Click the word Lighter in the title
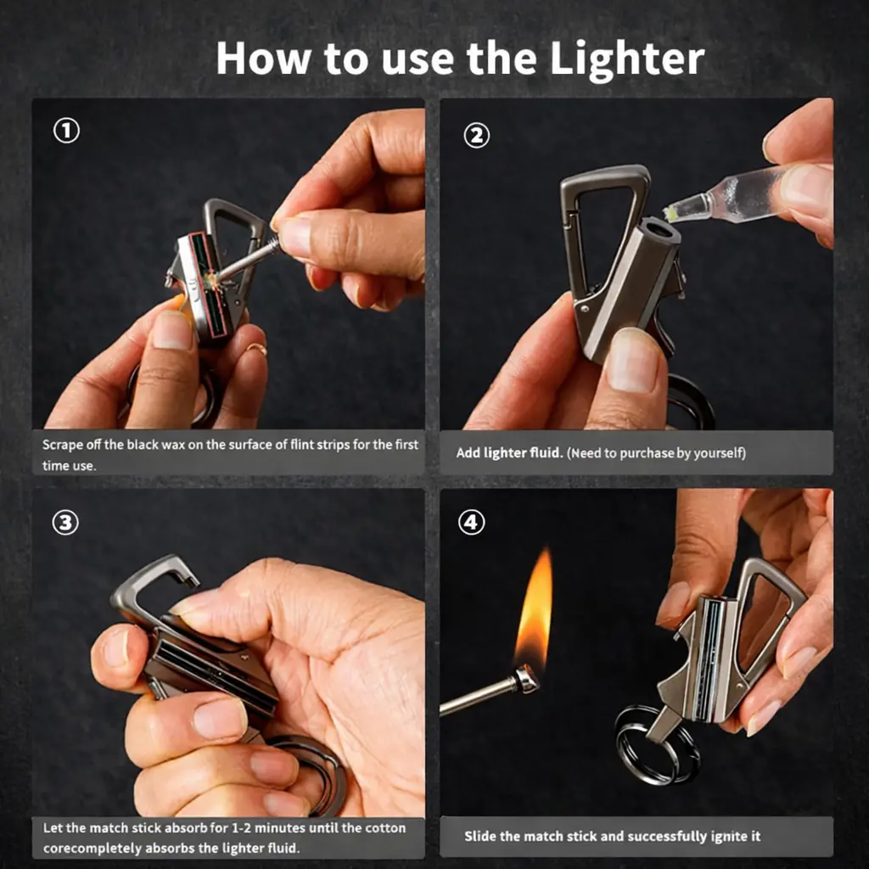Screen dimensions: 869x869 coord(627,59)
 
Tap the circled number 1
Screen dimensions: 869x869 coord(66,131)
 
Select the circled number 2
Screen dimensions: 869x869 coord(477,135)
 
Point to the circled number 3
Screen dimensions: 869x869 coord(65,523)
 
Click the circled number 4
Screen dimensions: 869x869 coord(472,522)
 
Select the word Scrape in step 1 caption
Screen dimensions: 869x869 coord(63,445)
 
